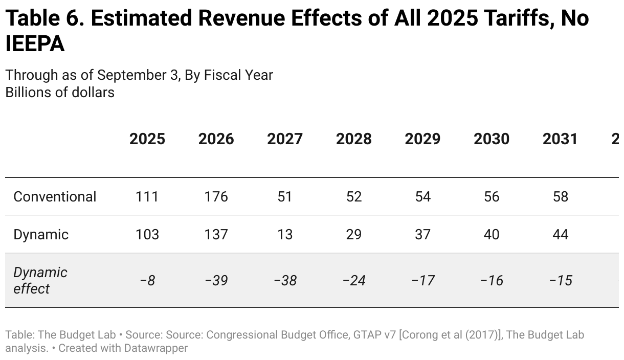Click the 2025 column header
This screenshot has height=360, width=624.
[147, 139]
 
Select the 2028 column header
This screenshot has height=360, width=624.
[353, 139]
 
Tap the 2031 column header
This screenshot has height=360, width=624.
[560, 139]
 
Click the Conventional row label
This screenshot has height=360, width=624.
[55, 197]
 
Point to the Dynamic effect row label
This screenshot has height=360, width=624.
[40, 280]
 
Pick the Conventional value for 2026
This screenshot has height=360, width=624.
[216, 197]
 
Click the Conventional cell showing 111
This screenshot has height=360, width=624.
[147, 197]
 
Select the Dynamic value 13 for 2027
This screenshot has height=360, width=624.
[285, 235]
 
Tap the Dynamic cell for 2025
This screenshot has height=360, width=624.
[147, 235]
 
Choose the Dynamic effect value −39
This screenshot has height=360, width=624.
[216, 281]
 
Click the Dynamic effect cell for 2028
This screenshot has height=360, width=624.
[353, 281]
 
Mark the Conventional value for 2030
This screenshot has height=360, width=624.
[492, 197]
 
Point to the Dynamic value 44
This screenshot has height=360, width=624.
[560, 235]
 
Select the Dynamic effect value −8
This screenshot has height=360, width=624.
[147, 281]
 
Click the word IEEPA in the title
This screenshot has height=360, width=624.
[35, 44]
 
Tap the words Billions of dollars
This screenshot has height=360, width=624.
[60, 93]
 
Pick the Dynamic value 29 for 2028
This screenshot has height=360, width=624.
[353, 235]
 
